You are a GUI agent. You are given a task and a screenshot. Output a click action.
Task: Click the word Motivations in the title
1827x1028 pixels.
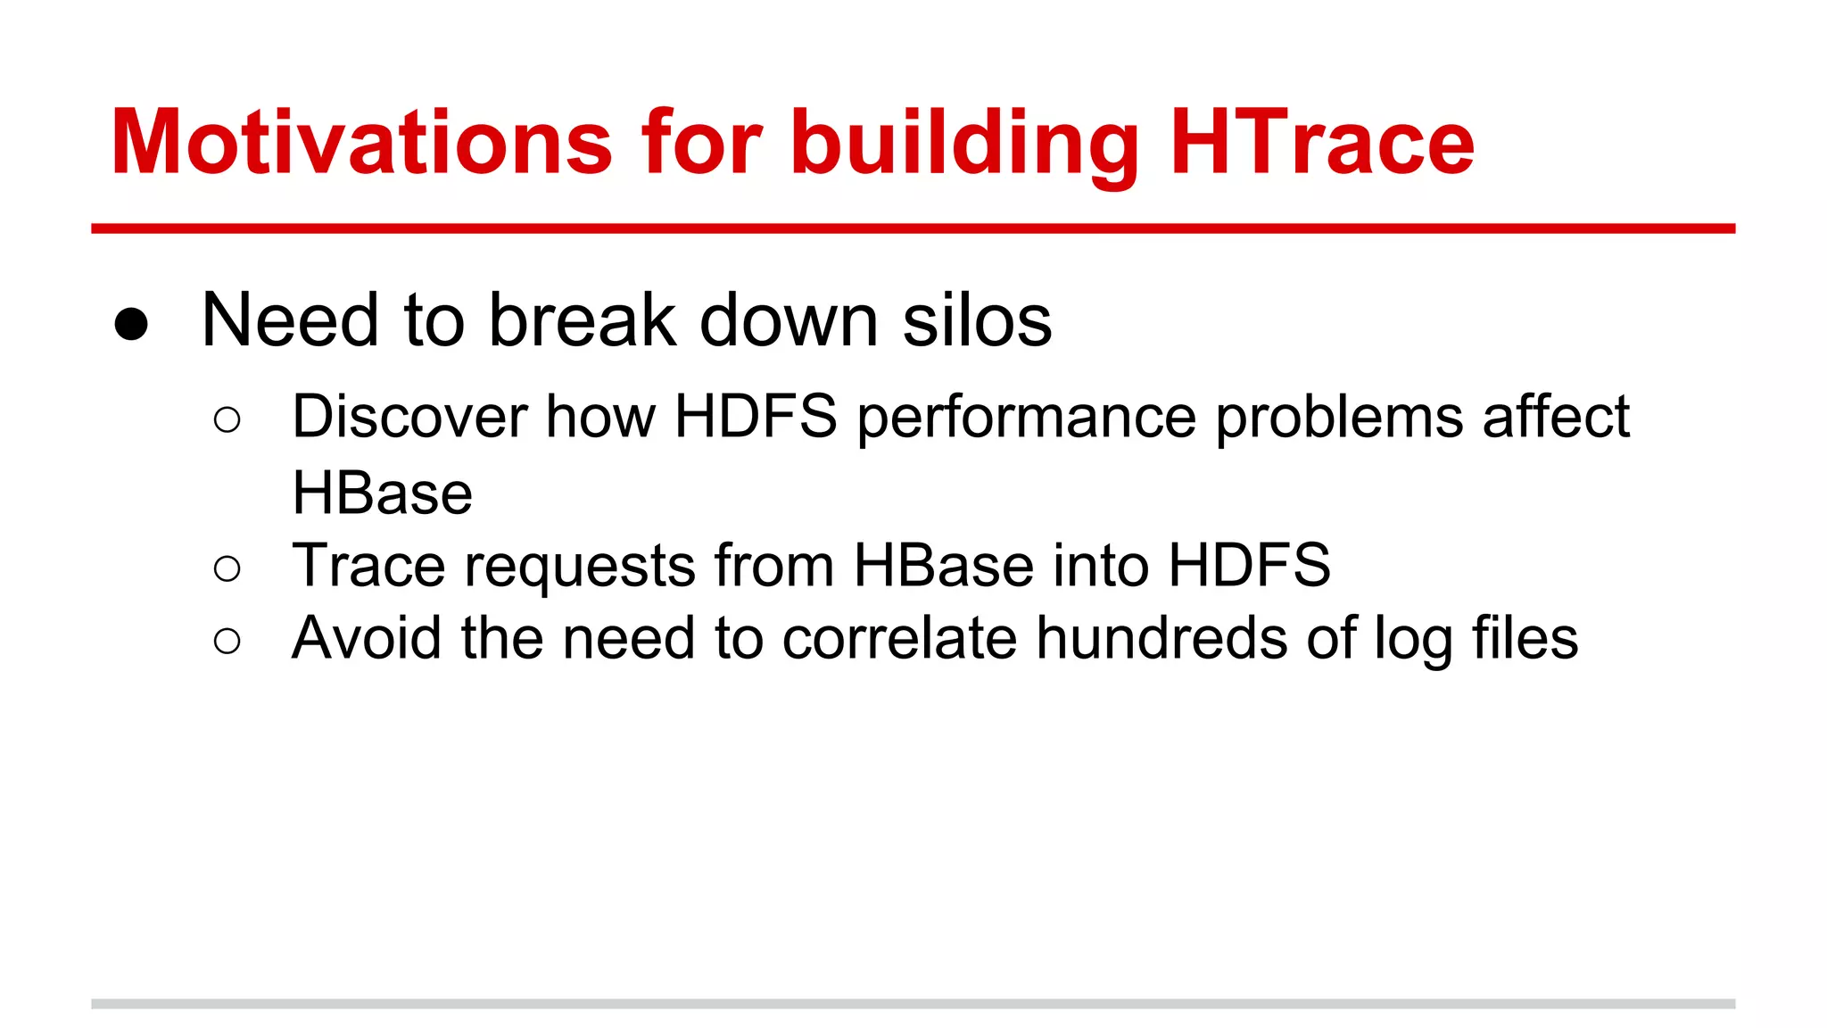coord(361,143)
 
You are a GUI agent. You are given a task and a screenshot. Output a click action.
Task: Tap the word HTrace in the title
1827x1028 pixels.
coord(1321,143)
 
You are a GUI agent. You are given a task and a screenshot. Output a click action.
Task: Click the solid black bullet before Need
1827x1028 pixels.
coord(131,325)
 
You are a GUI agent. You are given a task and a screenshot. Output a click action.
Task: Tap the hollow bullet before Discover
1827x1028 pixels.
coord(227,420)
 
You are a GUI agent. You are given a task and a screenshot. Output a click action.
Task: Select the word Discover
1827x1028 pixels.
coord(409,417)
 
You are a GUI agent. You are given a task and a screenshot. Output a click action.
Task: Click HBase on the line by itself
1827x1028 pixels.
coord(382,493)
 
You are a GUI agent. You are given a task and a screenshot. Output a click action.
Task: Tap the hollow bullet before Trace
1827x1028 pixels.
coord(227,568)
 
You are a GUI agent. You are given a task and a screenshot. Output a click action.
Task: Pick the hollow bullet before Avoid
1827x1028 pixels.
coord(227,641)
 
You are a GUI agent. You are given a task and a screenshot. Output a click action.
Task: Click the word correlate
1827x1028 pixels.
coord(899,639)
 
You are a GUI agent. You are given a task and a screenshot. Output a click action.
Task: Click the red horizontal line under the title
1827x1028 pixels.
coord(913,229)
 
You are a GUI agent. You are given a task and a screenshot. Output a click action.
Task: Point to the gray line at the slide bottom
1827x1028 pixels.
coord(913,1004)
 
